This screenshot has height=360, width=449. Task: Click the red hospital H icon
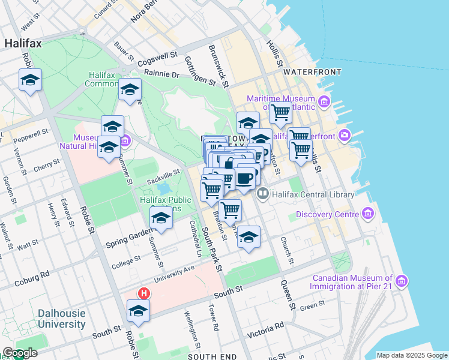click(x=143, y=293)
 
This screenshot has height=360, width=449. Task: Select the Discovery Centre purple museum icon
click(x=368, y=214)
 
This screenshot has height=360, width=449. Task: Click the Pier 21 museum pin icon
click(x=402, y=280)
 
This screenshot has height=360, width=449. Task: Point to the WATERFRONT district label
click(x=312, y=72)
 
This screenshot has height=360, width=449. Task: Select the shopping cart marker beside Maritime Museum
click(x=280, y=112)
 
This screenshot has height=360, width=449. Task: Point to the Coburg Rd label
click(x=25, y=277)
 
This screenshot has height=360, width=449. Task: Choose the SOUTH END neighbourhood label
click(x=208, y=356)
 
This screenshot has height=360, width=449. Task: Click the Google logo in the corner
click(x=19, y=353)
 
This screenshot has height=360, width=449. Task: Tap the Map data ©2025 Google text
click(x=411, y=356)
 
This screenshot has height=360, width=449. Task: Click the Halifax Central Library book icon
click(x=262, y=194)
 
